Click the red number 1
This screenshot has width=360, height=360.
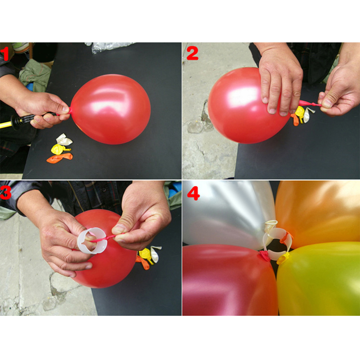coord(4,54)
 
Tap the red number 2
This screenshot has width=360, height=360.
coord(193,54)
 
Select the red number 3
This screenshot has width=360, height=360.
coord(5,193)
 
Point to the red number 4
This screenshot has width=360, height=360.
coord(193,193)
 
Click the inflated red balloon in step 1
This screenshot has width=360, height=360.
coord(111,109)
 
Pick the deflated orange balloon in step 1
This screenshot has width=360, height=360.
coord(59,158)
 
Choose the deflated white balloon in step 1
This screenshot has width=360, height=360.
coord(64,139)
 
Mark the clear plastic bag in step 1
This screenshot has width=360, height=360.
coord(110,47)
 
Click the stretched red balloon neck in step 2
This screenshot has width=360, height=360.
coord(310,103)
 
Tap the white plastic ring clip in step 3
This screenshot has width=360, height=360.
coord(92,241)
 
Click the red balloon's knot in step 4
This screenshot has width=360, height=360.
coord(265,256)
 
